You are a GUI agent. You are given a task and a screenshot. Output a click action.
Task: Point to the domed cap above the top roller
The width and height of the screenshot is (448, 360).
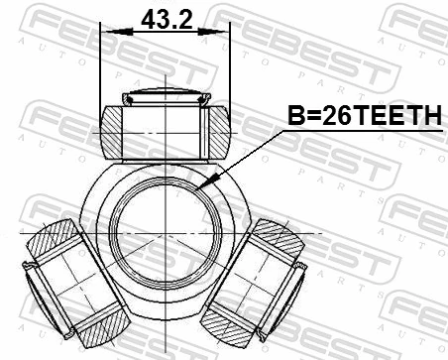(165, 97)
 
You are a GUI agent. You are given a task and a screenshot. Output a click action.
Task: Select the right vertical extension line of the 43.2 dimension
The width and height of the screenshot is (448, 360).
(229, 69)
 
